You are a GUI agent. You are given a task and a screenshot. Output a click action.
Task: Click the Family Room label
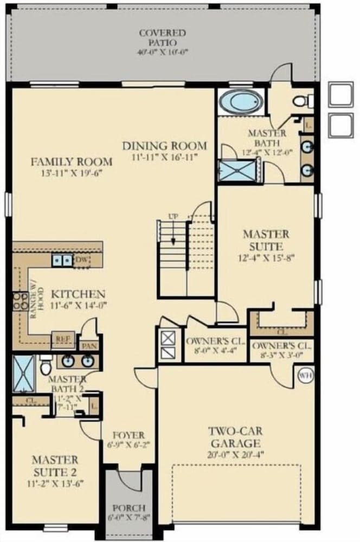(71, 162)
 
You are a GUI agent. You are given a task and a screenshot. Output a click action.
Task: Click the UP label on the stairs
(173, 217)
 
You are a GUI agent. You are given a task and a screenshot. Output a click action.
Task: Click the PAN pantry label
(88, 345)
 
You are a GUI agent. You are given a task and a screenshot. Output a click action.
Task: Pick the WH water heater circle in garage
(303, 375)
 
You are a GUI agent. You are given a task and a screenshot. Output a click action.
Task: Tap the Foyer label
(128, 435)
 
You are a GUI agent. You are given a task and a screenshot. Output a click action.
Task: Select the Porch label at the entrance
(128, 508)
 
